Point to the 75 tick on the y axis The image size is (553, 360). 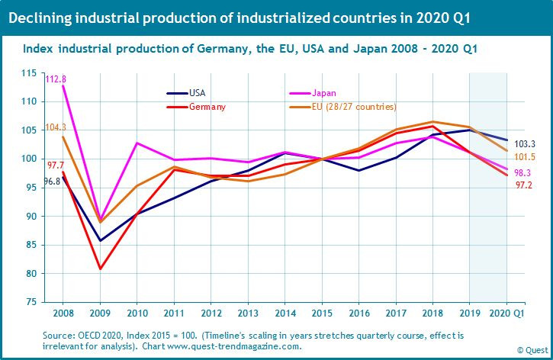tap(50, 302)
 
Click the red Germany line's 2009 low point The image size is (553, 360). tap(98, 268)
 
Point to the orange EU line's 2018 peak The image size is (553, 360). tap(433, 122)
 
